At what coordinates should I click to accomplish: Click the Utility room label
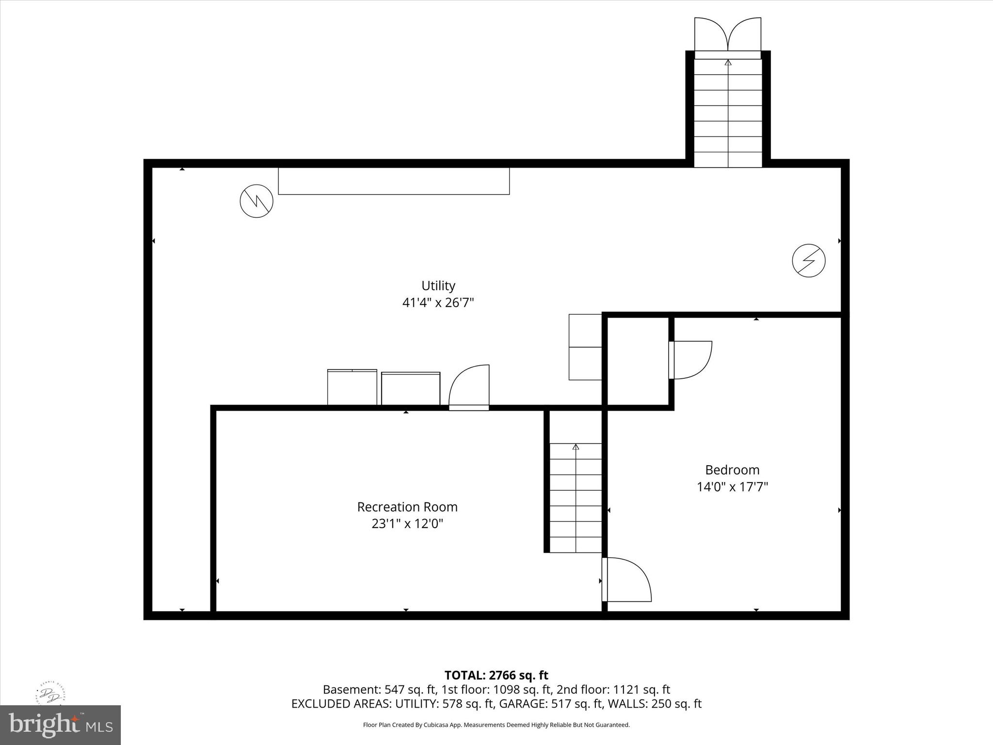pos(438,286)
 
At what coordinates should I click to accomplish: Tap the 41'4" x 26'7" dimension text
pos(438,303)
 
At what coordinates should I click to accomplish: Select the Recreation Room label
pos(407,507)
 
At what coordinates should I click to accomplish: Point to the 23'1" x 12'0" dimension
pos(407,524)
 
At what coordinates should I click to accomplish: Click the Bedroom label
pos(732,470)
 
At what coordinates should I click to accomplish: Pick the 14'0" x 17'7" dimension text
pos(732,487)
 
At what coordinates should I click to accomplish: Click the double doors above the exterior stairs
pos(727,35)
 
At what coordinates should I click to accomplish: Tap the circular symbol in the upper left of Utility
pos(256,201)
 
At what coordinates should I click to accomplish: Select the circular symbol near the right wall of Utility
pos(809,261)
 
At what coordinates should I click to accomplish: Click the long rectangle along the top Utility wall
pos(394,181)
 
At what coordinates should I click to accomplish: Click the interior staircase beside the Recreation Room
pos(576,497)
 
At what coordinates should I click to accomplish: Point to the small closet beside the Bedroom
pos(638,361)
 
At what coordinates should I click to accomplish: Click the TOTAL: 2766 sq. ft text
pos(496,675)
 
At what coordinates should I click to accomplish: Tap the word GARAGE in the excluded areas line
pos(523,704)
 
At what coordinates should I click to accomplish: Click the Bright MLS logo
pos(60,724)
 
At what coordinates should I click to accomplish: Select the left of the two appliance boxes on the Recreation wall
pos(352,387)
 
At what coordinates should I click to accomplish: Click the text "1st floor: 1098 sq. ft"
pos(496,690)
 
